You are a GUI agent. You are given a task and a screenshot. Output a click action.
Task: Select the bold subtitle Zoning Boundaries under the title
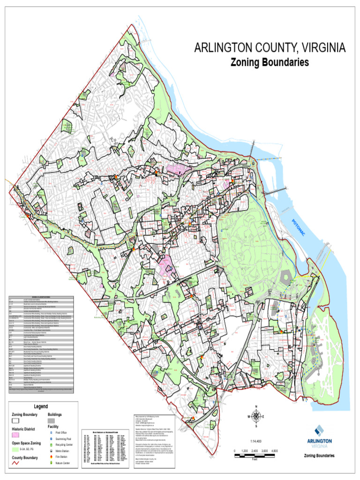tap(270, 62)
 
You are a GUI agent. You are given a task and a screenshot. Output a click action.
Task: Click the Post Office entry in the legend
tap(61, 433)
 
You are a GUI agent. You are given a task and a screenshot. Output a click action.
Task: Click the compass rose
tap(256, 416)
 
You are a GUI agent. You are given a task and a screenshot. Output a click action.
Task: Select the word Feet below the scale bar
tap(255, 459)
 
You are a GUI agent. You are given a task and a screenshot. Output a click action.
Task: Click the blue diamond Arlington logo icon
tap(319, 430)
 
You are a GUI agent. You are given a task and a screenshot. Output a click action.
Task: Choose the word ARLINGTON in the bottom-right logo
tap(320, 441)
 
